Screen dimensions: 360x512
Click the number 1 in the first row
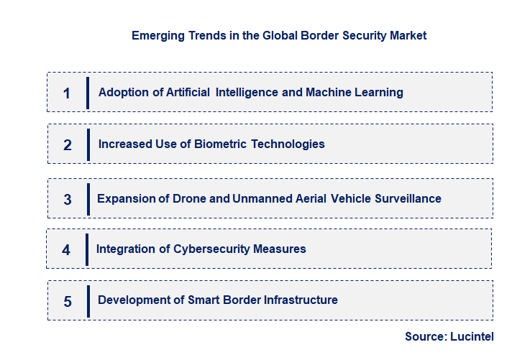[67, 93]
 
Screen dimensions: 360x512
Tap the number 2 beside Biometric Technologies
[68, 144]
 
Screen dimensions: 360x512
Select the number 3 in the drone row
[68, 199]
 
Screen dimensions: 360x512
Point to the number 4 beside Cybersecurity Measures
[66, 250]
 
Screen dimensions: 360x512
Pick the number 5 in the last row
[68, 301]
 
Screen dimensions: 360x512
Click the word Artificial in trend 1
[188, 92]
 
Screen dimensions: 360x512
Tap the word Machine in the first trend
[328, 92]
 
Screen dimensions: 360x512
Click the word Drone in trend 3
[189, 198]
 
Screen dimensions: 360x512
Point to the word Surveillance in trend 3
[408, 198]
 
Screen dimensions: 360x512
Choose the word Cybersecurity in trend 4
[212, 249]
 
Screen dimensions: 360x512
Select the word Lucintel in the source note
[472, 336]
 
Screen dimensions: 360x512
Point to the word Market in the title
[408, 35]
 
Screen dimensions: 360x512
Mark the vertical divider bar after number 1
[88, 93]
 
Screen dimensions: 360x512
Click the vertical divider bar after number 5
[88, 301]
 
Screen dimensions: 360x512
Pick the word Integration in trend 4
[124, 249]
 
